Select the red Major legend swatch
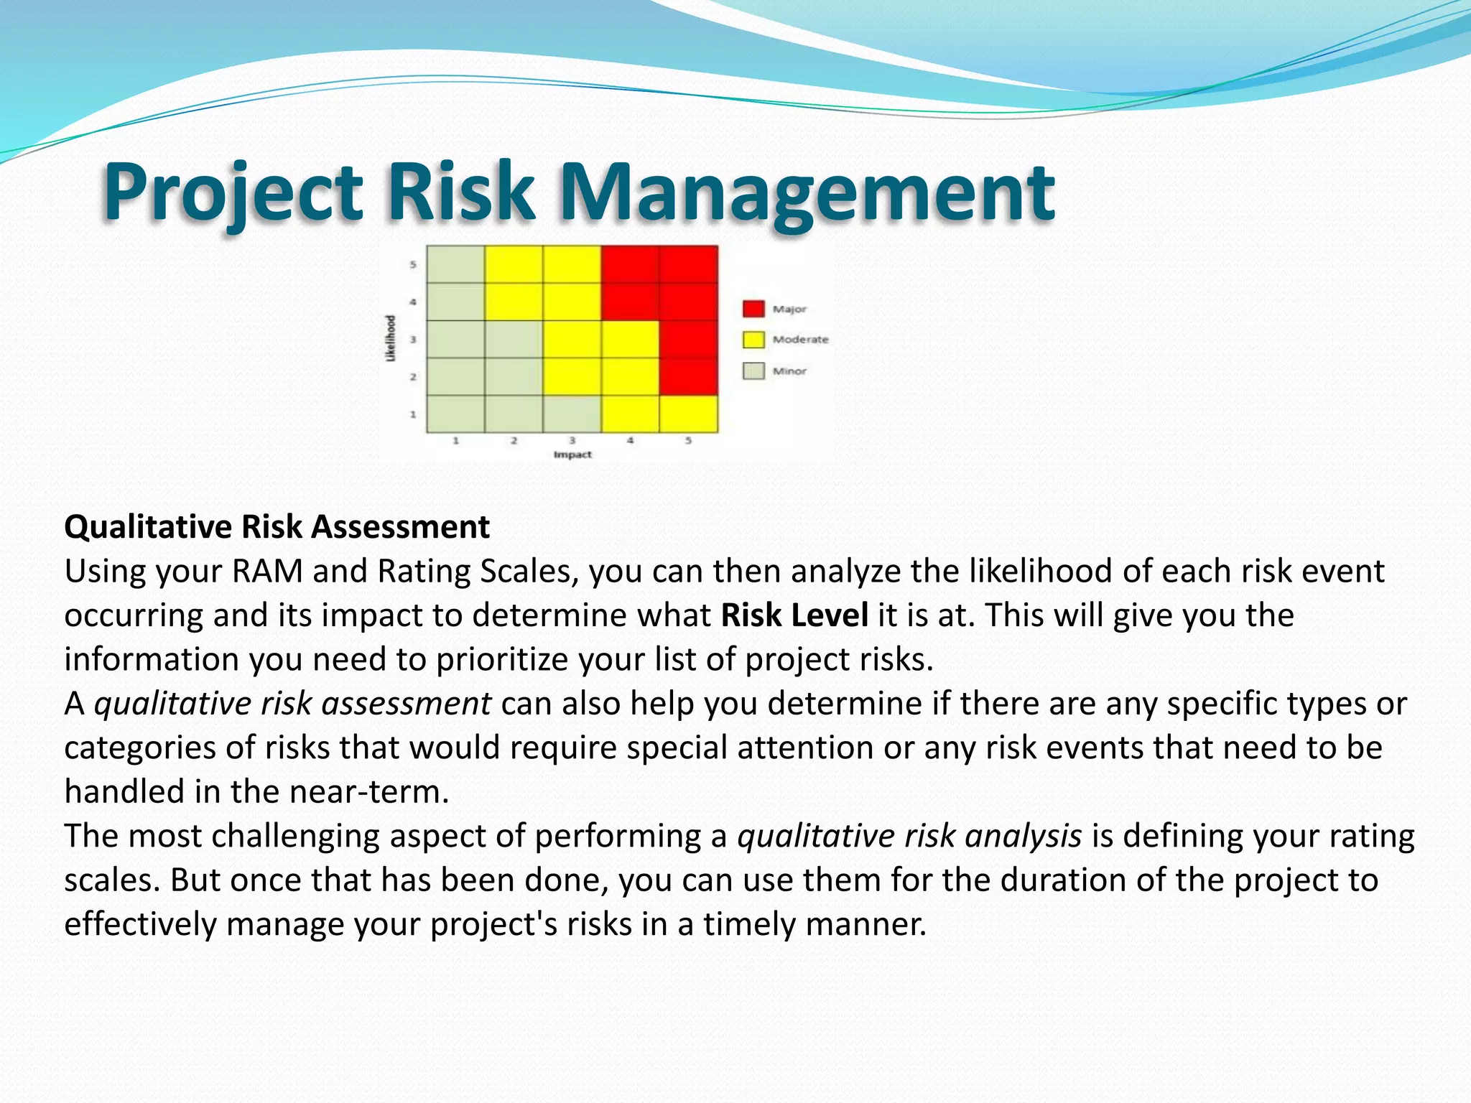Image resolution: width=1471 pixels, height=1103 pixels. pos(753,309)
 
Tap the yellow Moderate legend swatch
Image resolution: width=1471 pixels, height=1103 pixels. pos(753,340)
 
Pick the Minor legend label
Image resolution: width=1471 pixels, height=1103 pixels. pos(789,371)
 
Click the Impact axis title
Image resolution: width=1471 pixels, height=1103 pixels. pos(572,455)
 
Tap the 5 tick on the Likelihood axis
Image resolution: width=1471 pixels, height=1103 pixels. pos(413,265)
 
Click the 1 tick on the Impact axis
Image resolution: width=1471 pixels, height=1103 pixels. pos(455,440)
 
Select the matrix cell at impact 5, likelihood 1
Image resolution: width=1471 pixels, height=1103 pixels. pos(688,414)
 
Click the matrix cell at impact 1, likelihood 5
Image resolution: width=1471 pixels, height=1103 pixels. pos(455,264)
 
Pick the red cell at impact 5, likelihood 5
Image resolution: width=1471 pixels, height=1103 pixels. pos(688,264)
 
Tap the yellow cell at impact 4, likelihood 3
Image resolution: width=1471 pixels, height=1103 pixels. pos(630,339)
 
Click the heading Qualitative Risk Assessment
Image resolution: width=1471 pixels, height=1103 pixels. pos(277,527)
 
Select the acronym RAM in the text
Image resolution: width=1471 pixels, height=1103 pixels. pos(267,572)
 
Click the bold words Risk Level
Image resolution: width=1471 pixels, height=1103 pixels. pos(794,615)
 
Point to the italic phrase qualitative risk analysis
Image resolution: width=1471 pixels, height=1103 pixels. pos(909,837)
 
